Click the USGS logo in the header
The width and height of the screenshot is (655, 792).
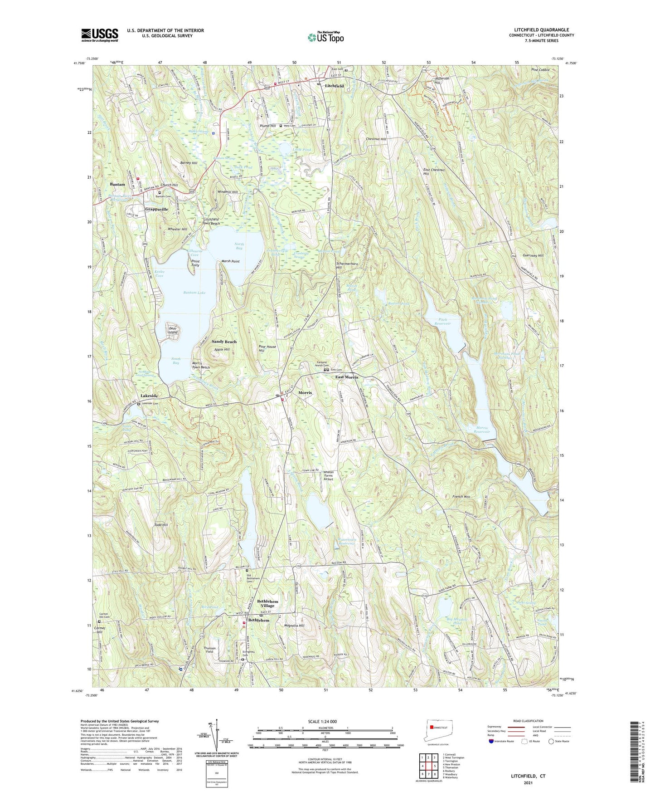pyautogui.click(x=100, y=35)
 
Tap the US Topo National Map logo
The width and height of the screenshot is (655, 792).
pyautogui.click(x=325, y=37)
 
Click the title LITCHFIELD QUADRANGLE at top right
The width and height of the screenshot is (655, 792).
pyautogui.click(x=541, y=30)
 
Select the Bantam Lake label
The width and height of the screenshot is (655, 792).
pyautogui.click(x=194, y=293)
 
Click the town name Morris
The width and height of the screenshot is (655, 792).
pyautogui.click(x=305, y=392)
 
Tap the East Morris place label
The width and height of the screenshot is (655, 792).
pyautogui.click(x=346, y=377)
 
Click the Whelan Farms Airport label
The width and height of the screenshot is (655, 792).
pyautogui.click(x=328, y=475)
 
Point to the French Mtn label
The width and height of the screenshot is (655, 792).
pyautogui.click(x=461, y=497)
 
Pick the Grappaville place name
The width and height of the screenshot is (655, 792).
pyautogui.click(x=156, y=210)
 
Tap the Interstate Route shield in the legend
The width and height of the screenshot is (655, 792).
pyautogui.click(x=492, y=741)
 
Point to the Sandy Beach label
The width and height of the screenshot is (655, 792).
pyautogui.click(x=224, y=342)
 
